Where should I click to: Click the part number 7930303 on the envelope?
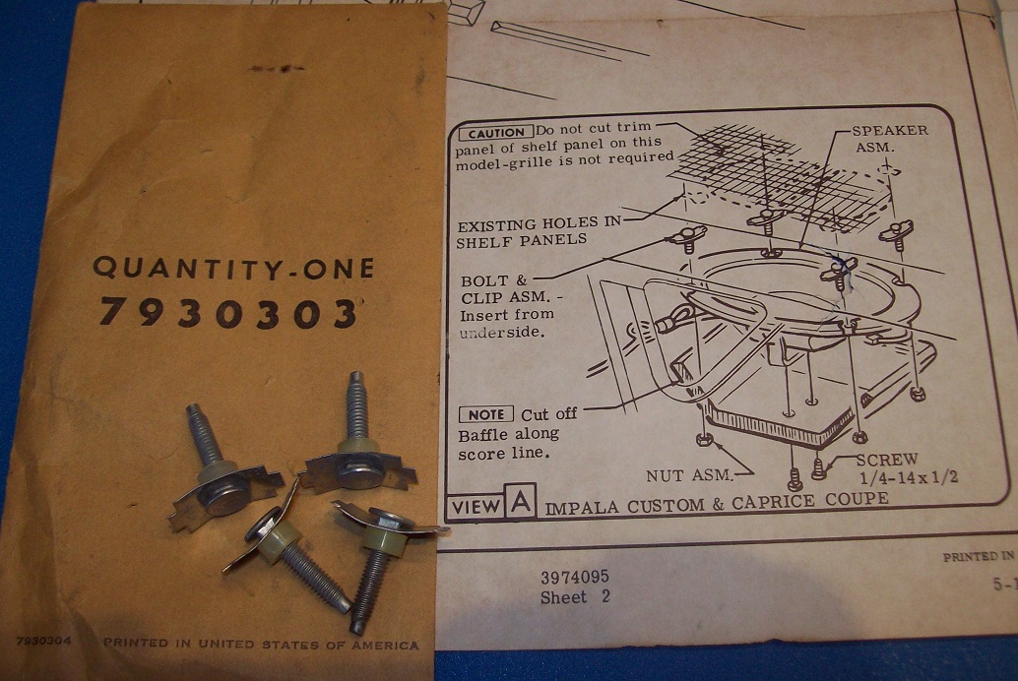227,314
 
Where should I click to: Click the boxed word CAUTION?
496,133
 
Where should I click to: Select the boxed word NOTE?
486,414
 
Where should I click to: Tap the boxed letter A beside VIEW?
521,501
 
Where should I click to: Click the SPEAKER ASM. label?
889,139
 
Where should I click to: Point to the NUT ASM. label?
689,476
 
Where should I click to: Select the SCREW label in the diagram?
887,461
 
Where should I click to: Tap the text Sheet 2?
575,597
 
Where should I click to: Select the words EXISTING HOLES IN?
539,224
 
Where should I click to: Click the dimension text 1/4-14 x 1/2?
909,479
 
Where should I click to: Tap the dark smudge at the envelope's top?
278,68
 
